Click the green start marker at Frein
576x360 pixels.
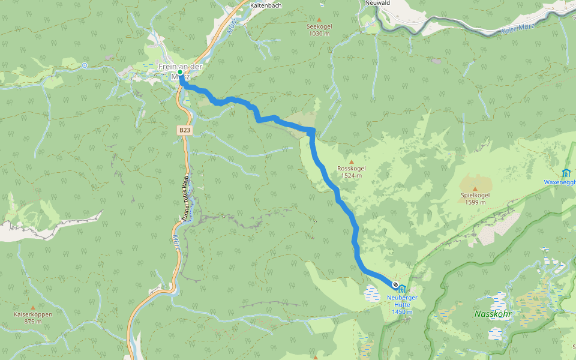(180, 72)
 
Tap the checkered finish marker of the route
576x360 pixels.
(395, 284)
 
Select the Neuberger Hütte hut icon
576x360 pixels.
(402, 289)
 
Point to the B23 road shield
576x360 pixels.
(184, 129)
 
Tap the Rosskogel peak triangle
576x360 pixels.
(352, 161)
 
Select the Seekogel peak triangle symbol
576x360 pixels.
(319, 19)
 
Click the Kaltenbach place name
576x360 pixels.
(266, 5)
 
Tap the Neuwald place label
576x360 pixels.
(378, 3)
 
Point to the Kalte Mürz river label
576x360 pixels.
(517, 28)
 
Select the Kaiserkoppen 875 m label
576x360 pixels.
(32, 317)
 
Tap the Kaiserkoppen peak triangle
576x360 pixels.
(32, 307)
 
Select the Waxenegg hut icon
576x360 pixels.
(567, 173)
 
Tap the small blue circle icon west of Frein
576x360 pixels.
(85, 65)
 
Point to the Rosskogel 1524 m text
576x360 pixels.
(352, 172)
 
